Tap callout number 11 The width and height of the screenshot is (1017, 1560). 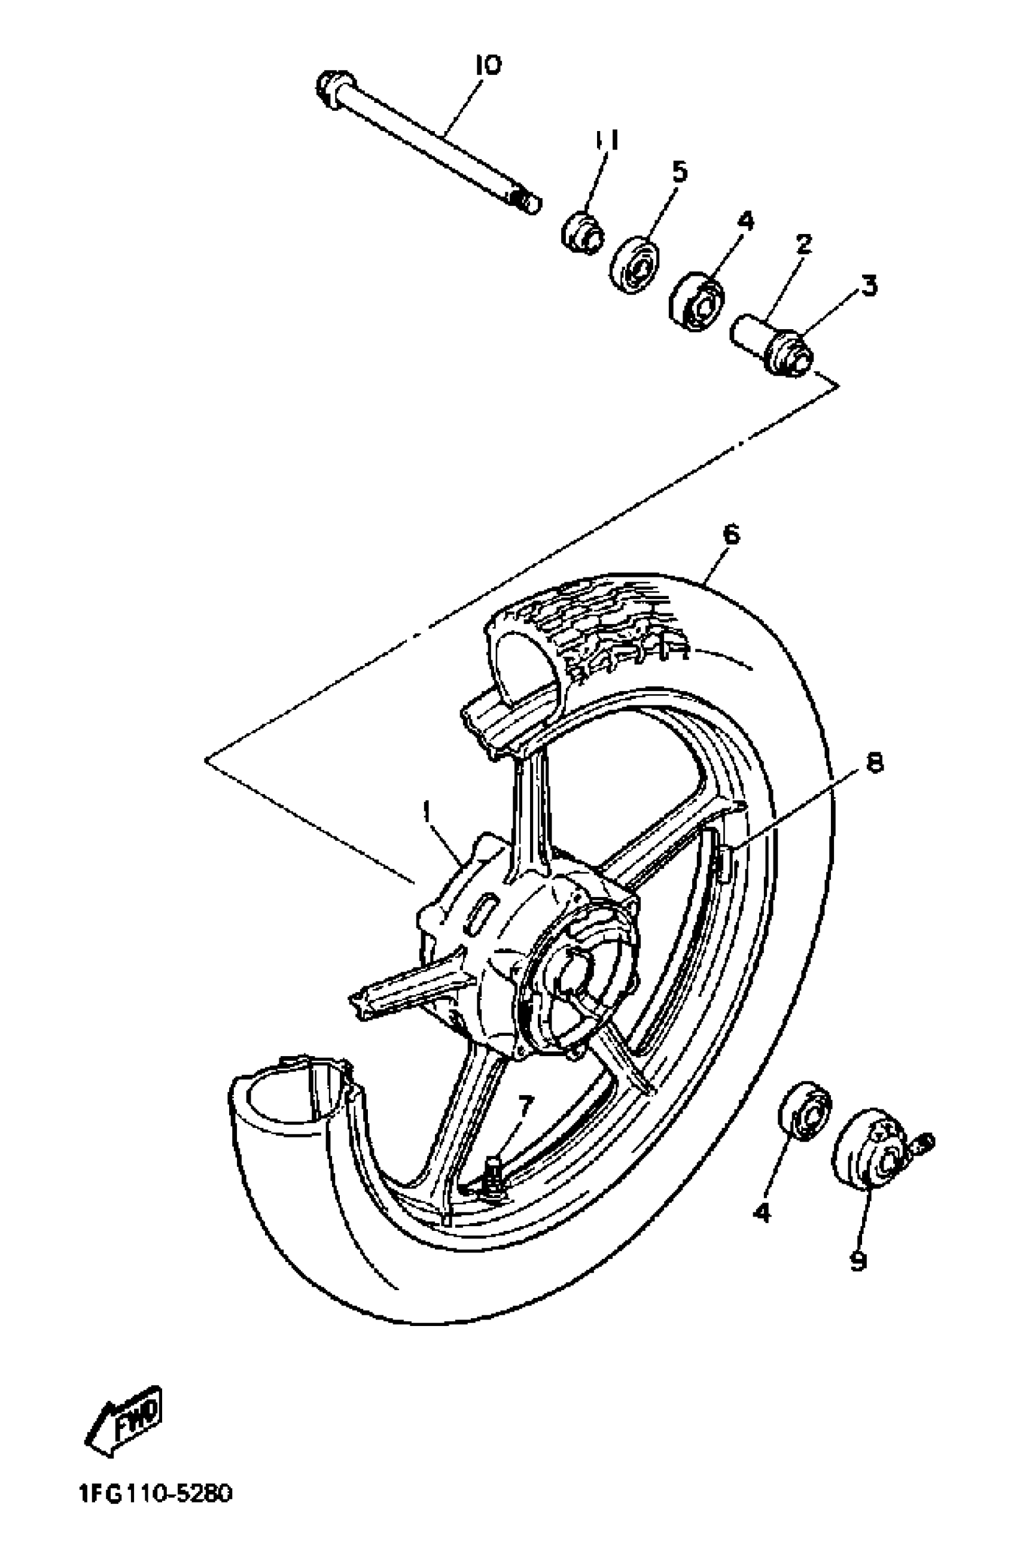tap(606, 139)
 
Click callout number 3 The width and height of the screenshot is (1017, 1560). tap(868, 286)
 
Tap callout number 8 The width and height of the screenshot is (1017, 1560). tap(874, 762)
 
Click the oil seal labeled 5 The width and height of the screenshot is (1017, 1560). tap(634, 265)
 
